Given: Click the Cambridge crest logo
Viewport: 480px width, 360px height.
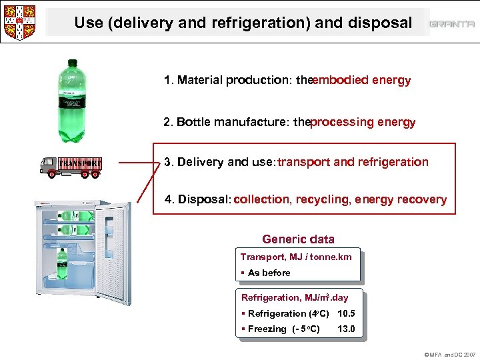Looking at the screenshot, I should (19, 21).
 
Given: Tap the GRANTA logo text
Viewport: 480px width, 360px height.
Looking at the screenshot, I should (452, 24).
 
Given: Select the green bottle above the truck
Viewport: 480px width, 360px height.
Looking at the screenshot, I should (71, 100).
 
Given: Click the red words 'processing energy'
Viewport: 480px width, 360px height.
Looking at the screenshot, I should (363, 123).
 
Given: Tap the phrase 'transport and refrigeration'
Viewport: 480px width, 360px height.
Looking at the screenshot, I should (353, 162).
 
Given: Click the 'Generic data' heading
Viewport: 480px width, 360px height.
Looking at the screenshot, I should (298, 239).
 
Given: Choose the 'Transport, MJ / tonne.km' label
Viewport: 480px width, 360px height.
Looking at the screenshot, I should (295, 257).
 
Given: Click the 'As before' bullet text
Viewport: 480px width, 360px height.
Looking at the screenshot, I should (269, 273).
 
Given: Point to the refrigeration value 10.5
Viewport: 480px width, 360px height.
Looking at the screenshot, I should (347, 313).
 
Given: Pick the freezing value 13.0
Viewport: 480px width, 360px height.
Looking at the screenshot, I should (347, 329).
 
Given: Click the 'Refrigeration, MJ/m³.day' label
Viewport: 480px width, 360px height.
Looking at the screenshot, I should (294, 298).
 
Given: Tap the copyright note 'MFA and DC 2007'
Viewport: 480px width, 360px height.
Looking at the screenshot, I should (450, 355).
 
